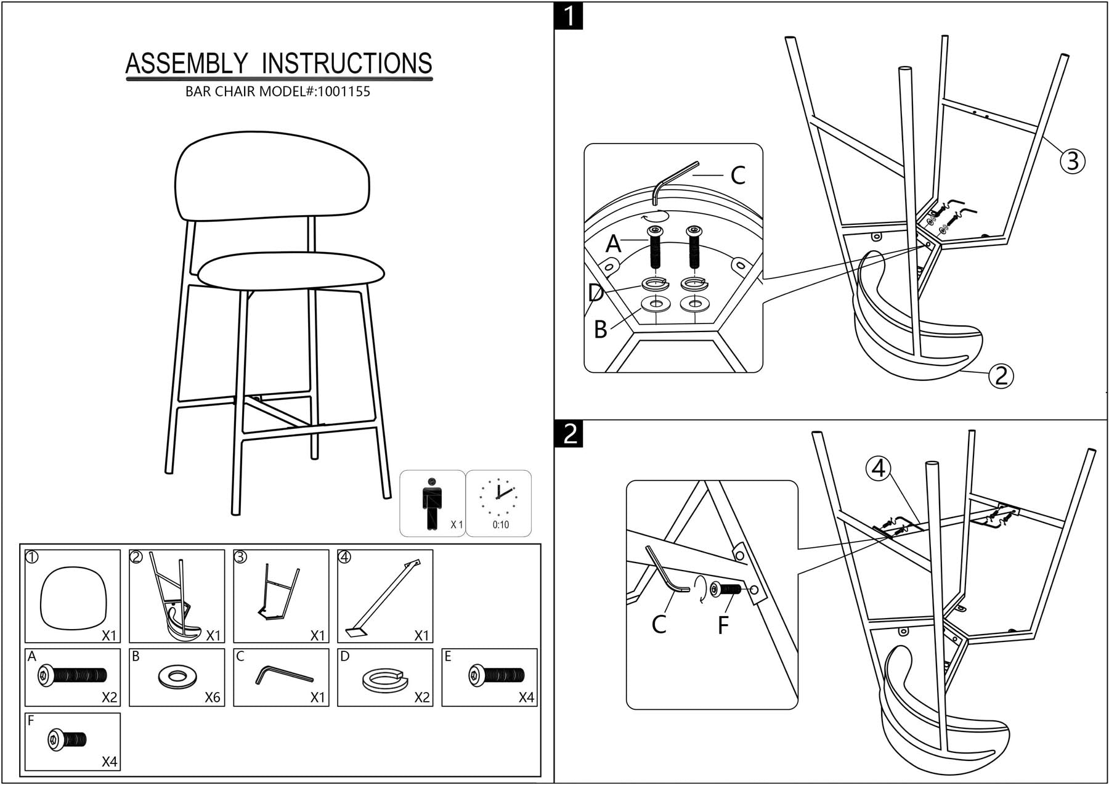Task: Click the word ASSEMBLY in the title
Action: click(x=187, y=63)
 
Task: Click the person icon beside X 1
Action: click(x=432, y=503)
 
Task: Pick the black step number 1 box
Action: click(x=569, y=16)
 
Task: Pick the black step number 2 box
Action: click(x=569, y=434)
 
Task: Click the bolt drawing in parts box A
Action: click(x=72, y=676)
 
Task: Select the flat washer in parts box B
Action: click(x=177, y=676)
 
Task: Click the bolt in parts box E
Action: click(x=496, y=675)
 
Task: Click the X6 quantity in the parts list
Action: click(x=212, y=698)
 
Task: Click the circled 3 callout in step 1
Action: click(x=1072, y=161)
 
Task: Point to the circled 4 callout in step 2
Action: click(x=879, y=469)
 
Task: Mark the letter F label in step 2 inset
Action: click(x=723, y=625)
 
